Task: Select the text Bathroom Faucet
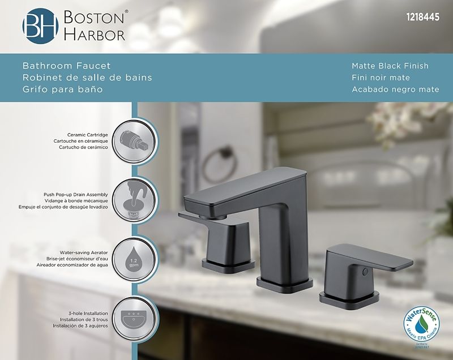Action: (x=66, y=66)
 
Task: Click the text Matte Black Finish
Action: (x=390, y=66)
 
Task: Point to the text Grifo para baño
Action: (x=62, y=89)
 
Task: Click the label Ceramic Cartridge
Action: (x=88, y=135)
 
